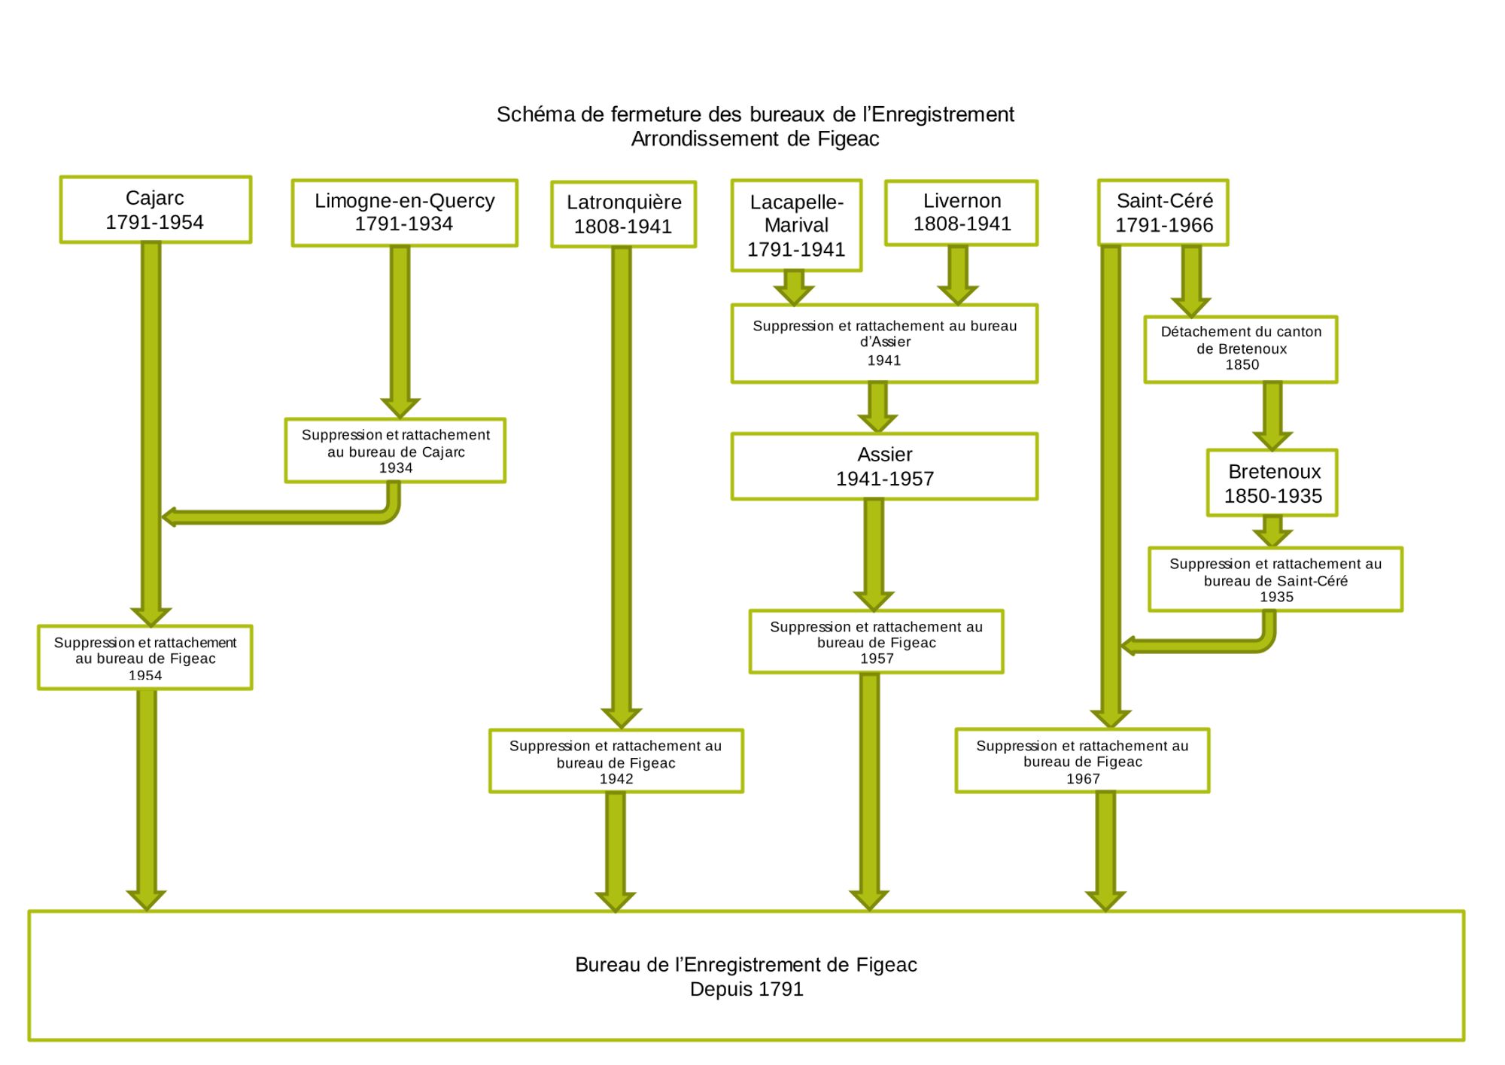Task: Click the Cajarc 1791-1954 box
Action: (155, 210)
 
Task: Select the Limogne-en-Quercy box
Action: (404, 213)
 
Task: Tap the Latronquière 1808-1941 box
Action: (623, 215)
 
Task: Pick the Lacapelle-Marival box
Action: (796, 225)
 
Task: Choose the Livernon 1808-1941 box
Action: (961, 213)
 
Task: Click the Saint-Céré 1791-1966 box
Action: (1163, 213)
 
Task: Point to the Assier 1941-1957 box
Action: (884, 467)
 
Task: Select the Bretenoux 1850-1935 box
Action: (1272, 483)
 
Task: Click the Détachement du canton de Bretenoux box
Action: (1241, 349)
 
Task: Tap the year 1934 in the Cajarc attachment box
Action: (396, 468)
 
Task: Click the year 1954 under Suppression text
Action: (145, 675)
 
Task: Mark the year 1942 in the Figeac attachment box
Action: (616, 779)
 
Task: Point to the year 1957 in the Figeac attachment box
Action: (877, 659)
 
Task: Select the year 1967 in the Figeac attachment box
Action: (1083, 779)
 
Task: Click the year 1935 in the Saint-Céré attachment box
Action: (1276, 597)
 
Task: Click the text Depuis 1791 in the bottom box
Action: (746, 989)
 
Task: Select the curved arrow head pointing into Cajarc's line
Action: (169, 517)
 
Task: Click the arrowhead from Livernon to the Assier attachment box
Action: (958, 294)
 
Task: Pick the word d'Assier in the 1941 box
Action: (885, 342)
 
